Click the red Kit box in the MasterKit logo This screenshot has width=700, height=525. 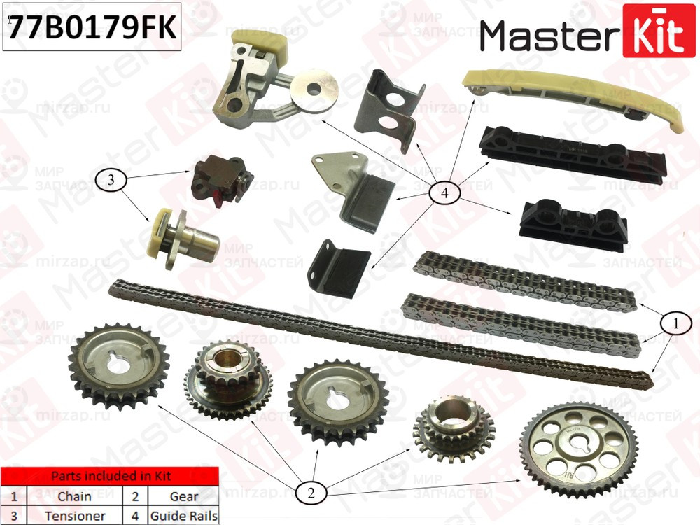(x=654, y=31)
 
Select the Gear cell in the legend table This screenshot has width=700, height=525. (x=184, y=497)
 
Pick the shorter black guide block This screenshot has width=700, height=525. (x=573, y=223)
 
